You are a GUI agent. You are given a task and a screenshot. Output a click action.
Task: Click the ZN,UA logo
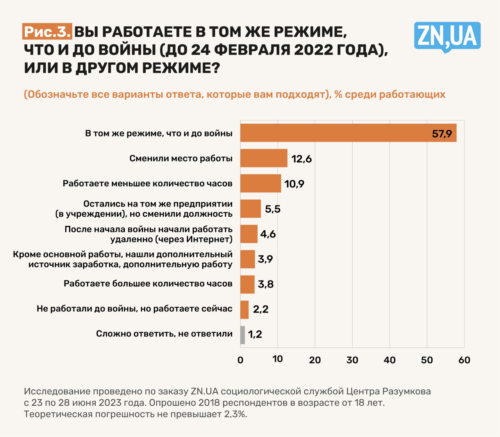click(x=447, y=37)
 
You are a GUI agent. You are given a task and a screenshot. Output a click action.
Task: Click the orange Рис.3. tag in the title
click(x=47, y=32)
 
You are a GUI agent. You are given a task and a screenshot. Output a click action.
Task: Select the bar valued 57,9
click(x=348, y=133)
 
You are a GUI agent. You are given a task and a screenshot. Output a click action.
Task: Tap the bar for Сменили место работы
click(x=264, y=158)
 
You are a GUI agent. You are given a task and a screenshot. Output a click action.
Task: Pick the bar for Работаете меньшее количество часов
click(x=261, y=183)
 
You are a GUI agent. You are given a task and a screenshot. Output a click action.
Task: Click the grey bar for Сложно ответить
click(x=243, y=334)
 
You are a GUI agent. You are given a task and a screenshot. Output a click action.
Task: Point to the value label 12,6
click(x=301, y=159)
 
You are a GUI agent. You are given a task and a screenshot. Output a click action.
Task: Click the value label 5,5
click(x=273, y=209)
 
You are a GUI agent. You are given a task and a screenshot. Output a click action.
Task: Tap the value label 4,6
click(x=268, y=234)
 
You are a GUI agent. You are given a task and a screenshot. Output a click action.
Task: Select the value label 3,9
click(x=265, y=259)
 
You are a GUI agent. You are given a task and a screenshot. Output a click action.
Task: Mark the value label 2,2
click(x=261, y=309)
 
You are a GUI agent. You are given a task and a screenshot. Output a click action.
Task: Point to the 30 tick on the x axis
click(x=352, y=360)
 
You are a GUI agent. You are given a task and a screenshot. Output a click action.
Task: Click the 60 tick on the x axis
click(x=464, y=360)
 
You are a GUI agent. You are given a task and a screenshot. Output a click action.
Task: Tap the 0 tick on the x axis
click(x=240, y=360)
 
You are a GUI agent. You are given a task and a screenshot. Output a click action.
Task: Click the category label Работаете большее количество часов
click(x=148, y=284)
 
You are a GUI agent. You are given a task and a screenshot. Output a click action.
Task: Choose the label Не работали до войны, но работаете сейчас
click(x=134, y=309)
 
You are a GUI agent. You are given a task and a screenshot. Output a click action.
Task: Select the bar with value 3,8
click(x=247, y=284)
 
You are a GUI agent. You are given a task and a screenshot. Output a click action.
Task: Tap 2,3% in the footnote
click(x=236, y=414)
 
